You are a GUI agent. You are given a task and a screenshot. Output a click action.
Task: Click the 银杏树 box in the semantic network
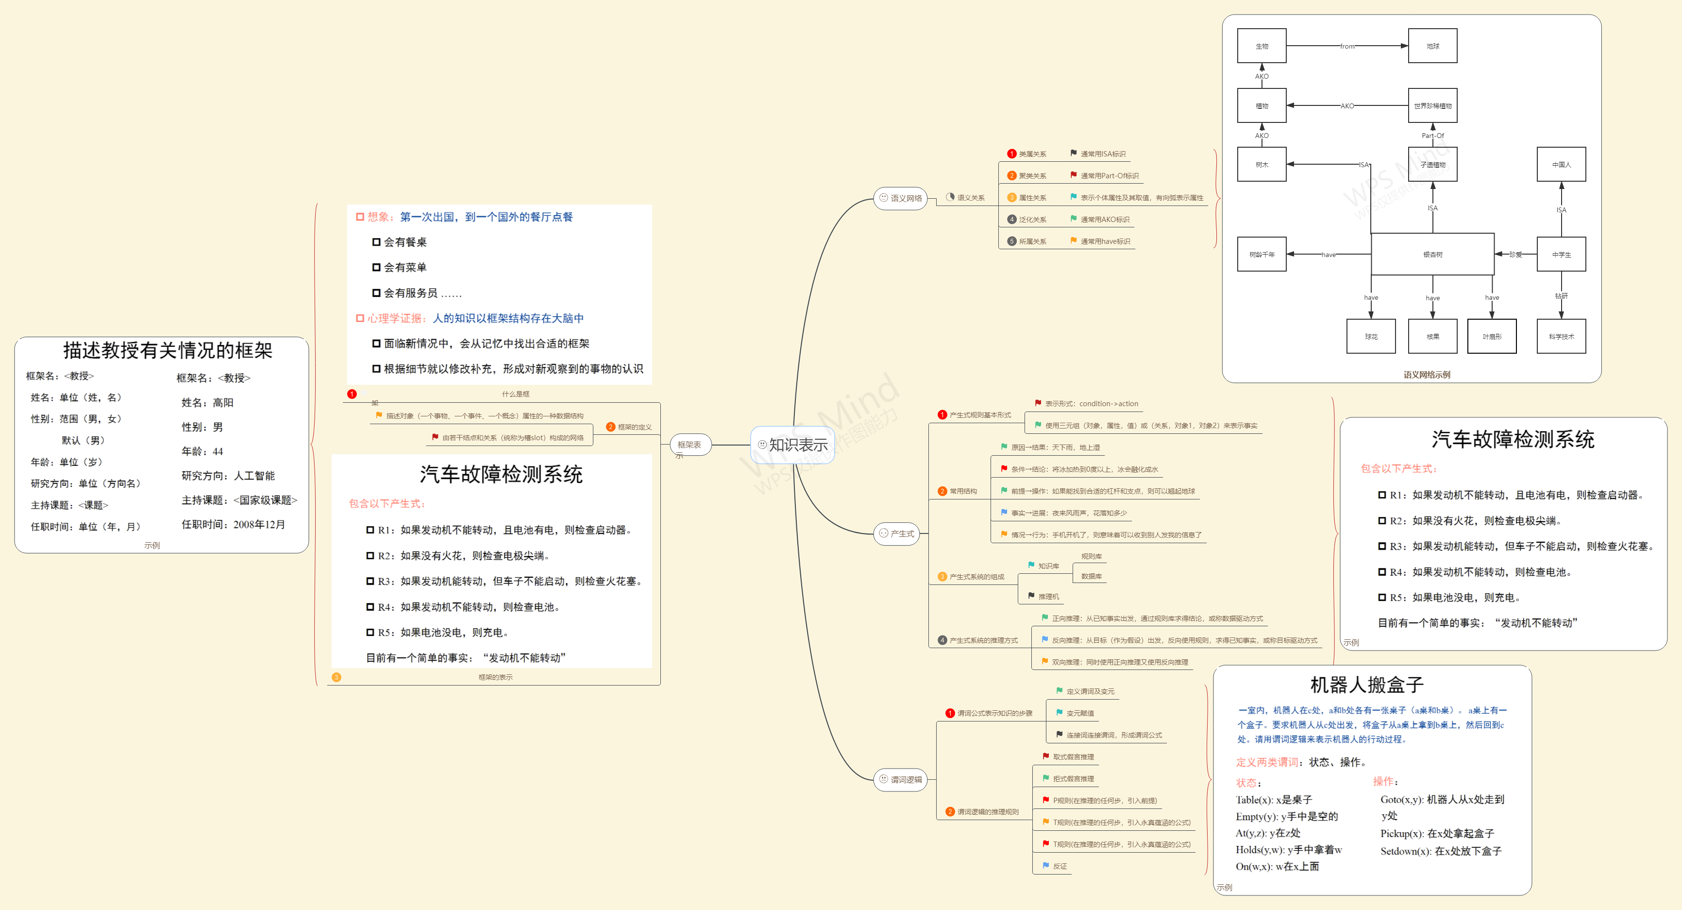[x=1432, y=254]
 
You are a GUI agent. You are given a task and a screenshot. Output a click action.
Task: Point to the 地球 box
[x=1432, y=46]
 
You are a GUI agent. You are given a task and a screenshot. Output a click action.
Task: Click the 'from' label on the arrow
[x=1346, y=46]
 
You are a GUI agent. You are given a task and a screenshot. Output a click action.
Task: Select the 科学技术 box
[x=1561, y=336]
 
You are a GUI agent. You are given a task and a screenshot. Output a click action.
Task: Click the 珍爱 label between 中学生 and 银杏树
[x=1515, y=254]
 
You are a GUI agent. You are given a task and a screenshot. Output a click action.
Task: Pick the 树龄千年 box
[x=1261, y=254]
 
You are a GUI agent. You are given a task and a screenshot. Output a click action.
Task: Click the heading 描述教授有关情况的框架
[x=168, y=351]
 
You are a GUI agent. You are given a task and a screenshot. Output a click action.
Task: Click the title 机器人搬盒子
[x=1366, y=685]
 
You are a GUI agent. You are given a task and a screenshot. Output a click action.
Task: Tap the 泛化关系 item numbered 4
[x=1032, y=220]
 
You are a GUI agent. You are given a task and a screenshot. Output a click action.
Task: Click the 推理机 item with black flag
[x=1048, y=597]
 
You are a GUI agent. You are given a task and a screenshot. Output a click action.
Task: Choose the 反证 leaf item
[x=1059, y=866]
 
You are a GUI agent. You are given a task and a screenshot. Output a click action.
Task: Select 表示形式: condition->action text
[x=1091, y=404]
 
